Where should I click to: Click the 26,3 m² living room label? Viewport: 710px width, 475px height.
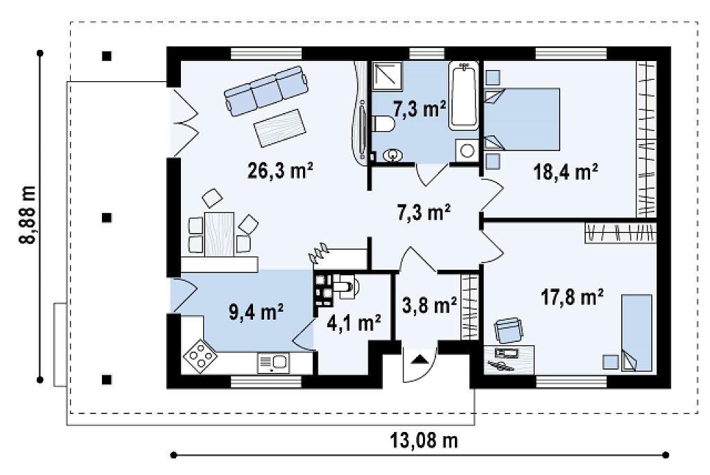pos(280,171)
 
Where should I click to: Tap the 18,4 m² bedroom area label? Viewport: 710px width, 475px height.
pos(566,172)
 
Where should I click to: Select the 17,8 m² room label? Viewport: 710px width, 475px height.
pos(572,297)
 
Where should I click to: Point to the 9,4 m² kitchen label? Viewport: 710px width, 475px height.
pos(256,313)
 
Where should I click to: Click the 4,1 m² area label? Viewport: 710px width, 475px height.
pos(354,323)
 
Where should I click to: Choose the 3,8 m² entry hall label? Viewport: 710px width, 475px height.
pos(429,305)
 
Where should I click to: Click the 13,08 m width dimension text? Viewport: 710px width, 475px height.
pos(424,440)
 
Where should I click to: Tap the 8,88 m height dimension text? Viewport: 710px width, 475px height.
pos(28,215)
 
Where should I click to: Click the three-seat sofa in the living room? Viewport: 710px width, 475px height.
pos(266,91)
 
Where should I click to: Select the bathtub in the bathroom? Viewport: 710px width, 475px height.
pos(464,96)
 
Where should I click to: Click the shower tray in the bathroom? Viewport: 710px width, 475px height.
pos(388,74)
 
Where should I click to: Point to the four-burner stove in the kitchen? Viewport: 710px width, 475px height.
pos(200,356)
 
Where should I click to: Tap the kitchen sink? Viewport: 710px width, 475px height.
pos(273,363)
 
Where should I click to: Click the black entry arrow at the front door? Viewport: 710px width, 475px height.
pos(419,359)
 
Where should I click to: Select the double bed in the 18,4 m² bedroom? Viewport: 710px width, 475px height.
pos(522,119)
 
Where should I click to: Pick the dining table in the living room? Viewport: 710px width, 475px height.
pos(219,234)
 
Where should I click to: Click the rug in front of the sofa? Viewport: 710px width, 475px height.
pos(279,128)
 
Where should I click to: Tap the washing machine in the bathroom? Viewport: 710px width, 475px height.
pos(467,150)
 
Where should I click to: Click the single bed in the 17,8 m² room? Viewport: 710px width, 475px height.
pos(637,333)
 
